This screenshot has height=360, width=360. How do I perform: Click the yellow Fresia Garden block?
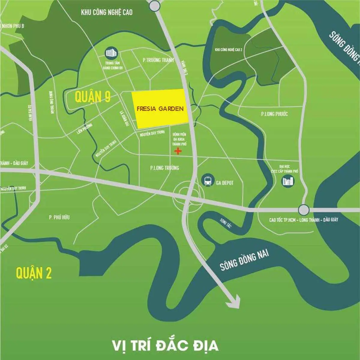160,109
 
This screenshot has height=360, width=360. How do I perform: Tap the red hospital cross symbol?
178,151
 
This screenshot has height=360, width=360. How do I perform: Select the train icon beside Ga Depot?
208,180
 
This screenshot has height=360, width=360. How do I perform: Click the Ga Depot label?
225,183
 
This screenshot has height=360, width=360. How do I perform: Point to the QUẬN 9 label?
93,97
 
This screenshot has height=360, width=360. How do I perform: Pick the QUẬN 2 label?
34,273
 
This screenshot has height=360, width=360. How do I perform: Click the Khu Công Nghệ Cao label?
106,12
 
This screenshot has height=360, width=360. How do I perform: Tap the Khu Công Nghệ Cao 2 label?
229,49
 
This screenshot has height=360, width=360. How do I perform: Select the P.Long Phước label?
274,114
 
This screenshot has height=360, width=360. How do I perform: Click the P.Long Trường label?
164,168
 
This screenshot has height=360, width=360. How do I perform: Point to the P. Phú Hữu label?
59,217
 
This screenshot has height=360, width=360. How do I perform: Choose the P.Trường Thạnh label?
158,60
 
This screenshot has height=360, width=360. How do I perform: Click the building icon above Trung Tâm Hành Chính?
111,53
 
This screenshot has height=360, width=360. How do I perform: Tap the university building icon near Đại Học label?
288,181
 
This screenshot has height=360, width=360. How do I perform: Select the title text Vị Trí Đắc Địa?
165,345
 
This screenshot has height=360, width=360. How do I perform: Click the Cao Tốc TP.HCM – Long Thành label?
303,220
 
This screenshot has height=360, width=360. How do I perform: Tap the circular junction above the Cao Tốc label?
304,209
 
